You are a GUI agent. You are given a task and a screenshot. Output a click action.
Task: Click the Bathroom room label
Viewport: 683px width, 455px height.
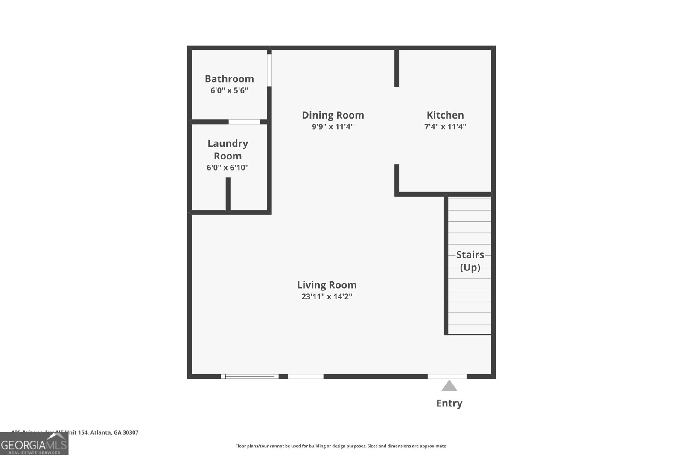click(x=229, y=79)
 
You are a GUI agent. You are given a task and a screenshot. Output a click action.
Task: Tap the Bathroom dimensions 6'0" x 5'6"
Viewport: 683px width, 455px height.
click(x=229, y=90)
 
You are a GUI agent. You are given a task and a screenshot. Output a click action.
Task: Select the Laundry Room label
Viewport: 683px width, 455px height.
click(x=228, y=150)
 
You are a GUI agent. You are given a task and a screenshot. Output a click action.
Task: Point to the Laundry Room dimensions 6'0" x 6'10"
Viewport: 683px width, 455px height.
click(x=228, y=168)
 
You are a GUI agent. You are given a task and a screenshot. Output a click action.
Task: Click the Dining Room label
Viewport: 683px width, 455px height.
click(x=333, y=115)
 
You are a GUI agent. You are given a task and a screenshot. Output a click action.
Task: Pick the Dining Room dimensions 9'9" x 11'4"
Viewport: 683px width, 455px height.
click(x=333, y=127)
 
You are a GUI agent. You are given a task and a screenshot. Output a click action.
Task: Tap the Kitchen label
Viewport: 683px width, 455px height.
click(x=445, y=115)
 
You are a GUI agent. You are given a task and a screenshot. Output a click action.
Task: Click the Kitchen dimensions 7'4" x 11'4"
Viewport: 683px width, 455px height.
click(x=445, y=127)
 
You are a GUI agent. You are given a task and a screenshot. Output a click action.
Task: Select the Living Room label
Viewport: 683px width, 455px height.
click(x=327, y=285)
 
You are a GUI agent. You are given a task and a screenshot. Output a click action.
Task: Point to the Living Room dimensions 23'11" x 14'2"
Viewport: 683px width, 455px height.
click(x=327, y=296)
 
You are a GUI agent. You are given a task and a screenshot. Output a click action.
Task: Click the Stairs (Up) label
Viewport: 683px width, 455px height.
click(x=470, y=261)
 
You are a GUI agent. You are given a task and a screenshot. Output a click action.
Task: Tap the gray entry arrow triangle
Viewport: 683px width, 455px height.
click(x=449, y=386)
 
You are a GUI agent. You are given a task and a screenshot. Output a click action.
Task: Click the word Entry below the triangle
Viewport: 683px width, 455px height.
click(x=449, y=403)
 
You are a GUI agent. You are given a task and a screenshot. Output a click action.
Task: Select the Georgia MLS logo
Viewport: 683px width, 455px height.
click(x=34, y=444)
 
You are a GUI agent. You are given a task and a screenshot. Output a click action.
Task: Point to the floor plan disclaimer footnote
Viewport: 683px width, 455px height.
click(x=341, y=446)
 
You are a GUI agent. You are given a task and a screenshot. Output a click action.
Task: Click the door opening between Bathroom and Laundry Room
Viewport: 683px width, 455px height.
click(x=244, y=122)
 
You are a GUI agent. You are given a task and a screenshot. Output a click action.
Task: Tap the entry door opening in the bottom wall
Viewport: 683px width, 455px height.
click(x=447, y=376)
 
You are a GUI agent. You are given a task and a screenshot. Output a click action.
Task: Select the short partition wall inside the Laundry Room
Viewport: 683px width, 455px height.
click(x=228, y=194)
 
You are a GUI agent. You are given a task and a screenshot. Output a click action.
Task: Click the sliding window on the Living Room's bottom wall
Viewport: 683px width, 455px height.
click(x=250, y=376)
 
